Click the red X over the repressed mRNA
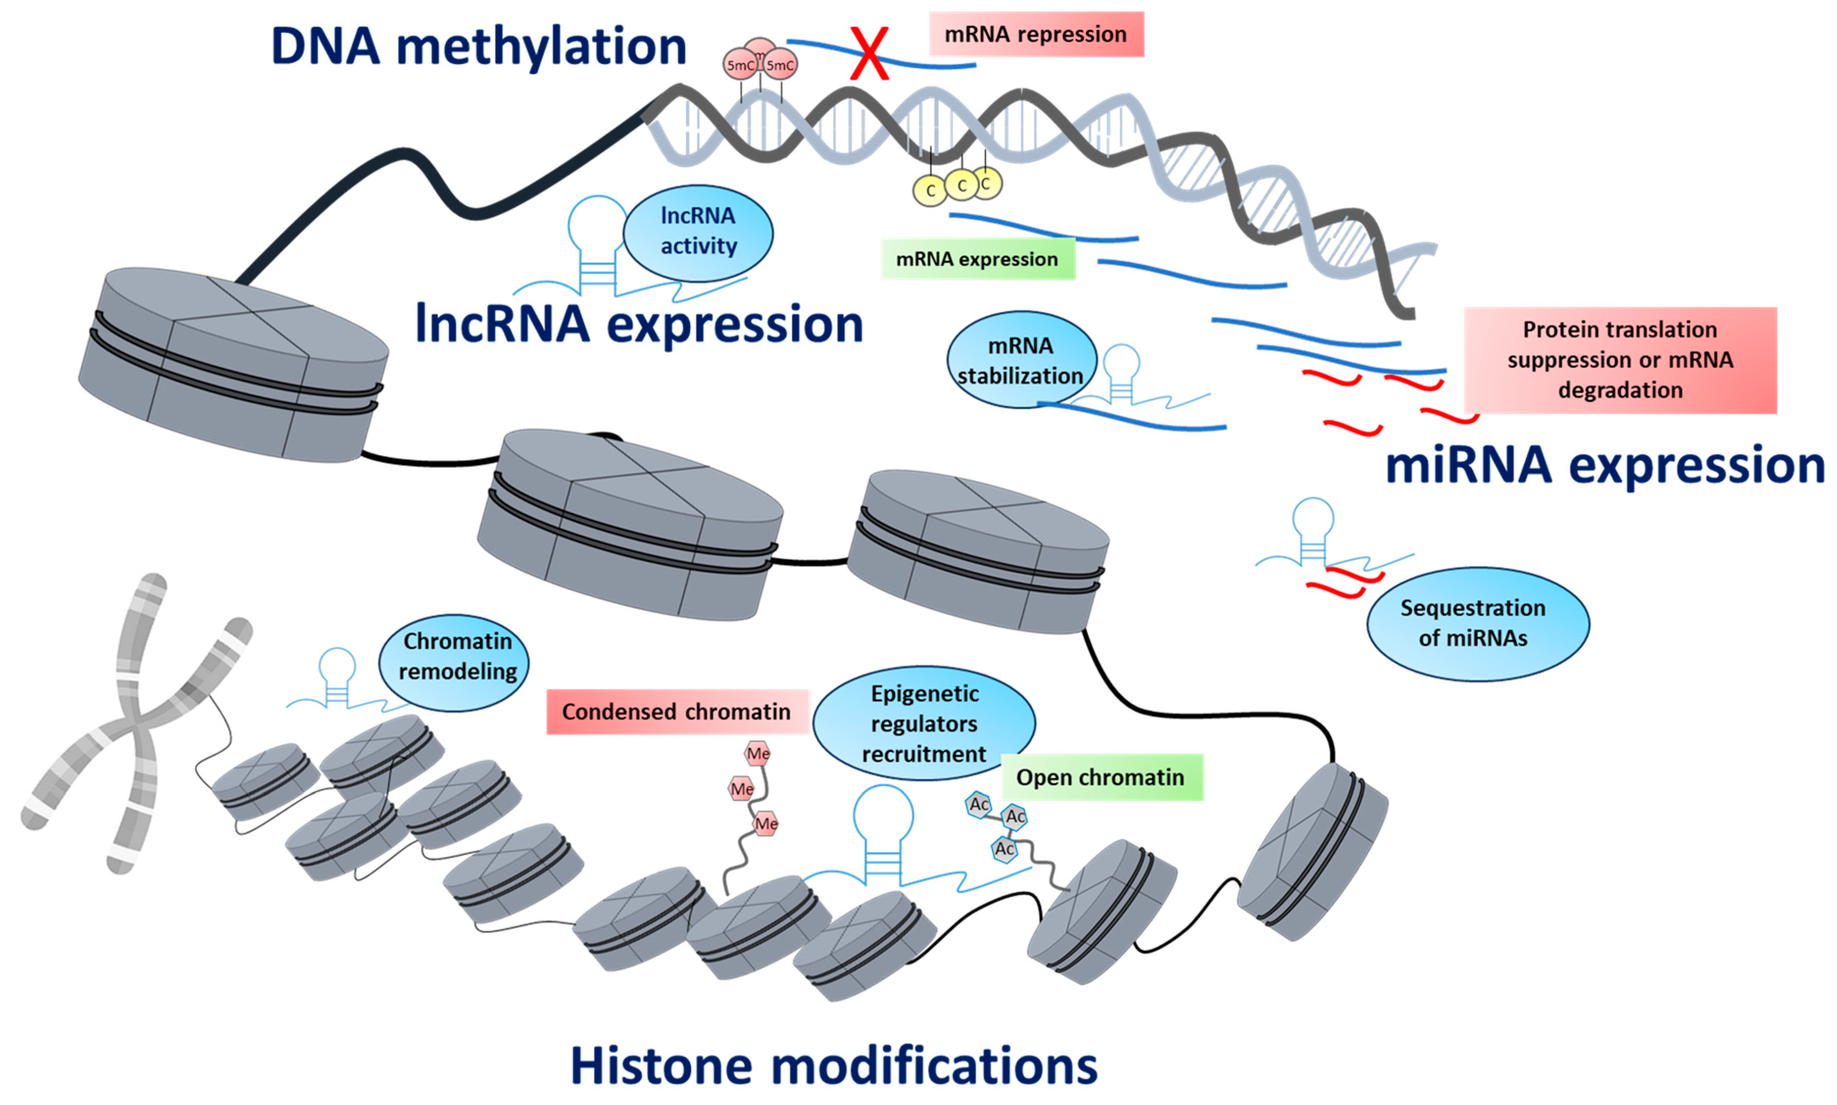870,54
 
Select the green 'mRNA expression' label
977,259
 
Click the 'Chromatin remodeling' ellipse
454,662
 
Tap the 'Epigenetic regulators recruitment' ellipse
924,723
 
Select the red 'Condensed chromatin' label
677,712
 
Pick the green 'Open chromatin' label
1102,777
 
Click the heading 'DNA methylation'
479,46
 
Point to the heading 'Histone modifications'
834,1065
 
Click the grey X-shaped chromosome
137,722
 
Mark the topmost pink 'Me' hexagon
758,754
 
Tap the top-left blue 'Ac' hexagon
979,805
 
